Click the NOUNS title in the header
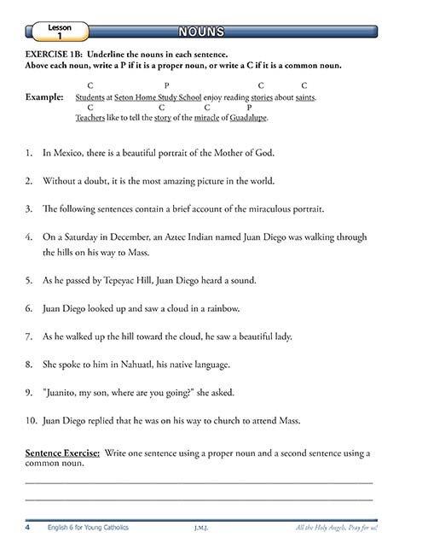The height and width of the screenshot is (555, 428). pos(202,32)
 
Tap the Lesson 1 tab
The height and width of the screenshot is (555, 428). pos(60,32)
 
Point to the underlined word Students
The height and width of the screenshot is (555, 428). pos(91,97)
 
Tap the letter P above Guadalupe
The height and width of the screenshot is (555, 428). pos(248,108)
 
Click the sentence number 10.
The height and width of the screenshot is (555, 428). pos(31,420)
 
